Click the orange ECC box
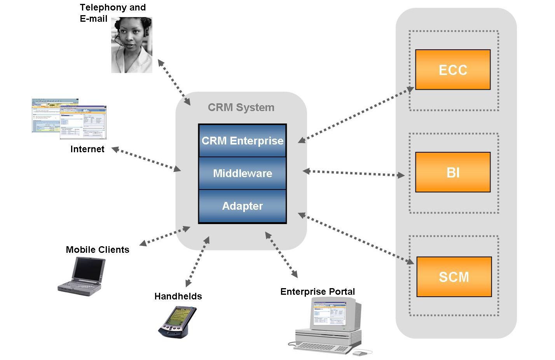point(453,70)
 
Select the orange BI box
point(453,172)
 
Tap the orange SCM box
point(454,277)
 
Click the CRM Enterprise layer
point(243,141)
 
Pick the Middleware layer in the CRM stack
point(243,173)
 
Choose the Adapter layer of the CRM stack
point(243,206)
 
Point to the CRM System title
point(241,108)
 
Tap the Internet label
point(87,149)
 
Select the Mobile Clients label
point(98,250)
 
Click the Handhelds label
point(178,296)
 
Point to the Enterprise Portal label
point(318,292)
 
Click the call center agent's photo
point(131,45)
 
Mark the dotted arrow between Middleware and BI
point(353,173)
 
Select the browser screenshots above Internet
point(69,119)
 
